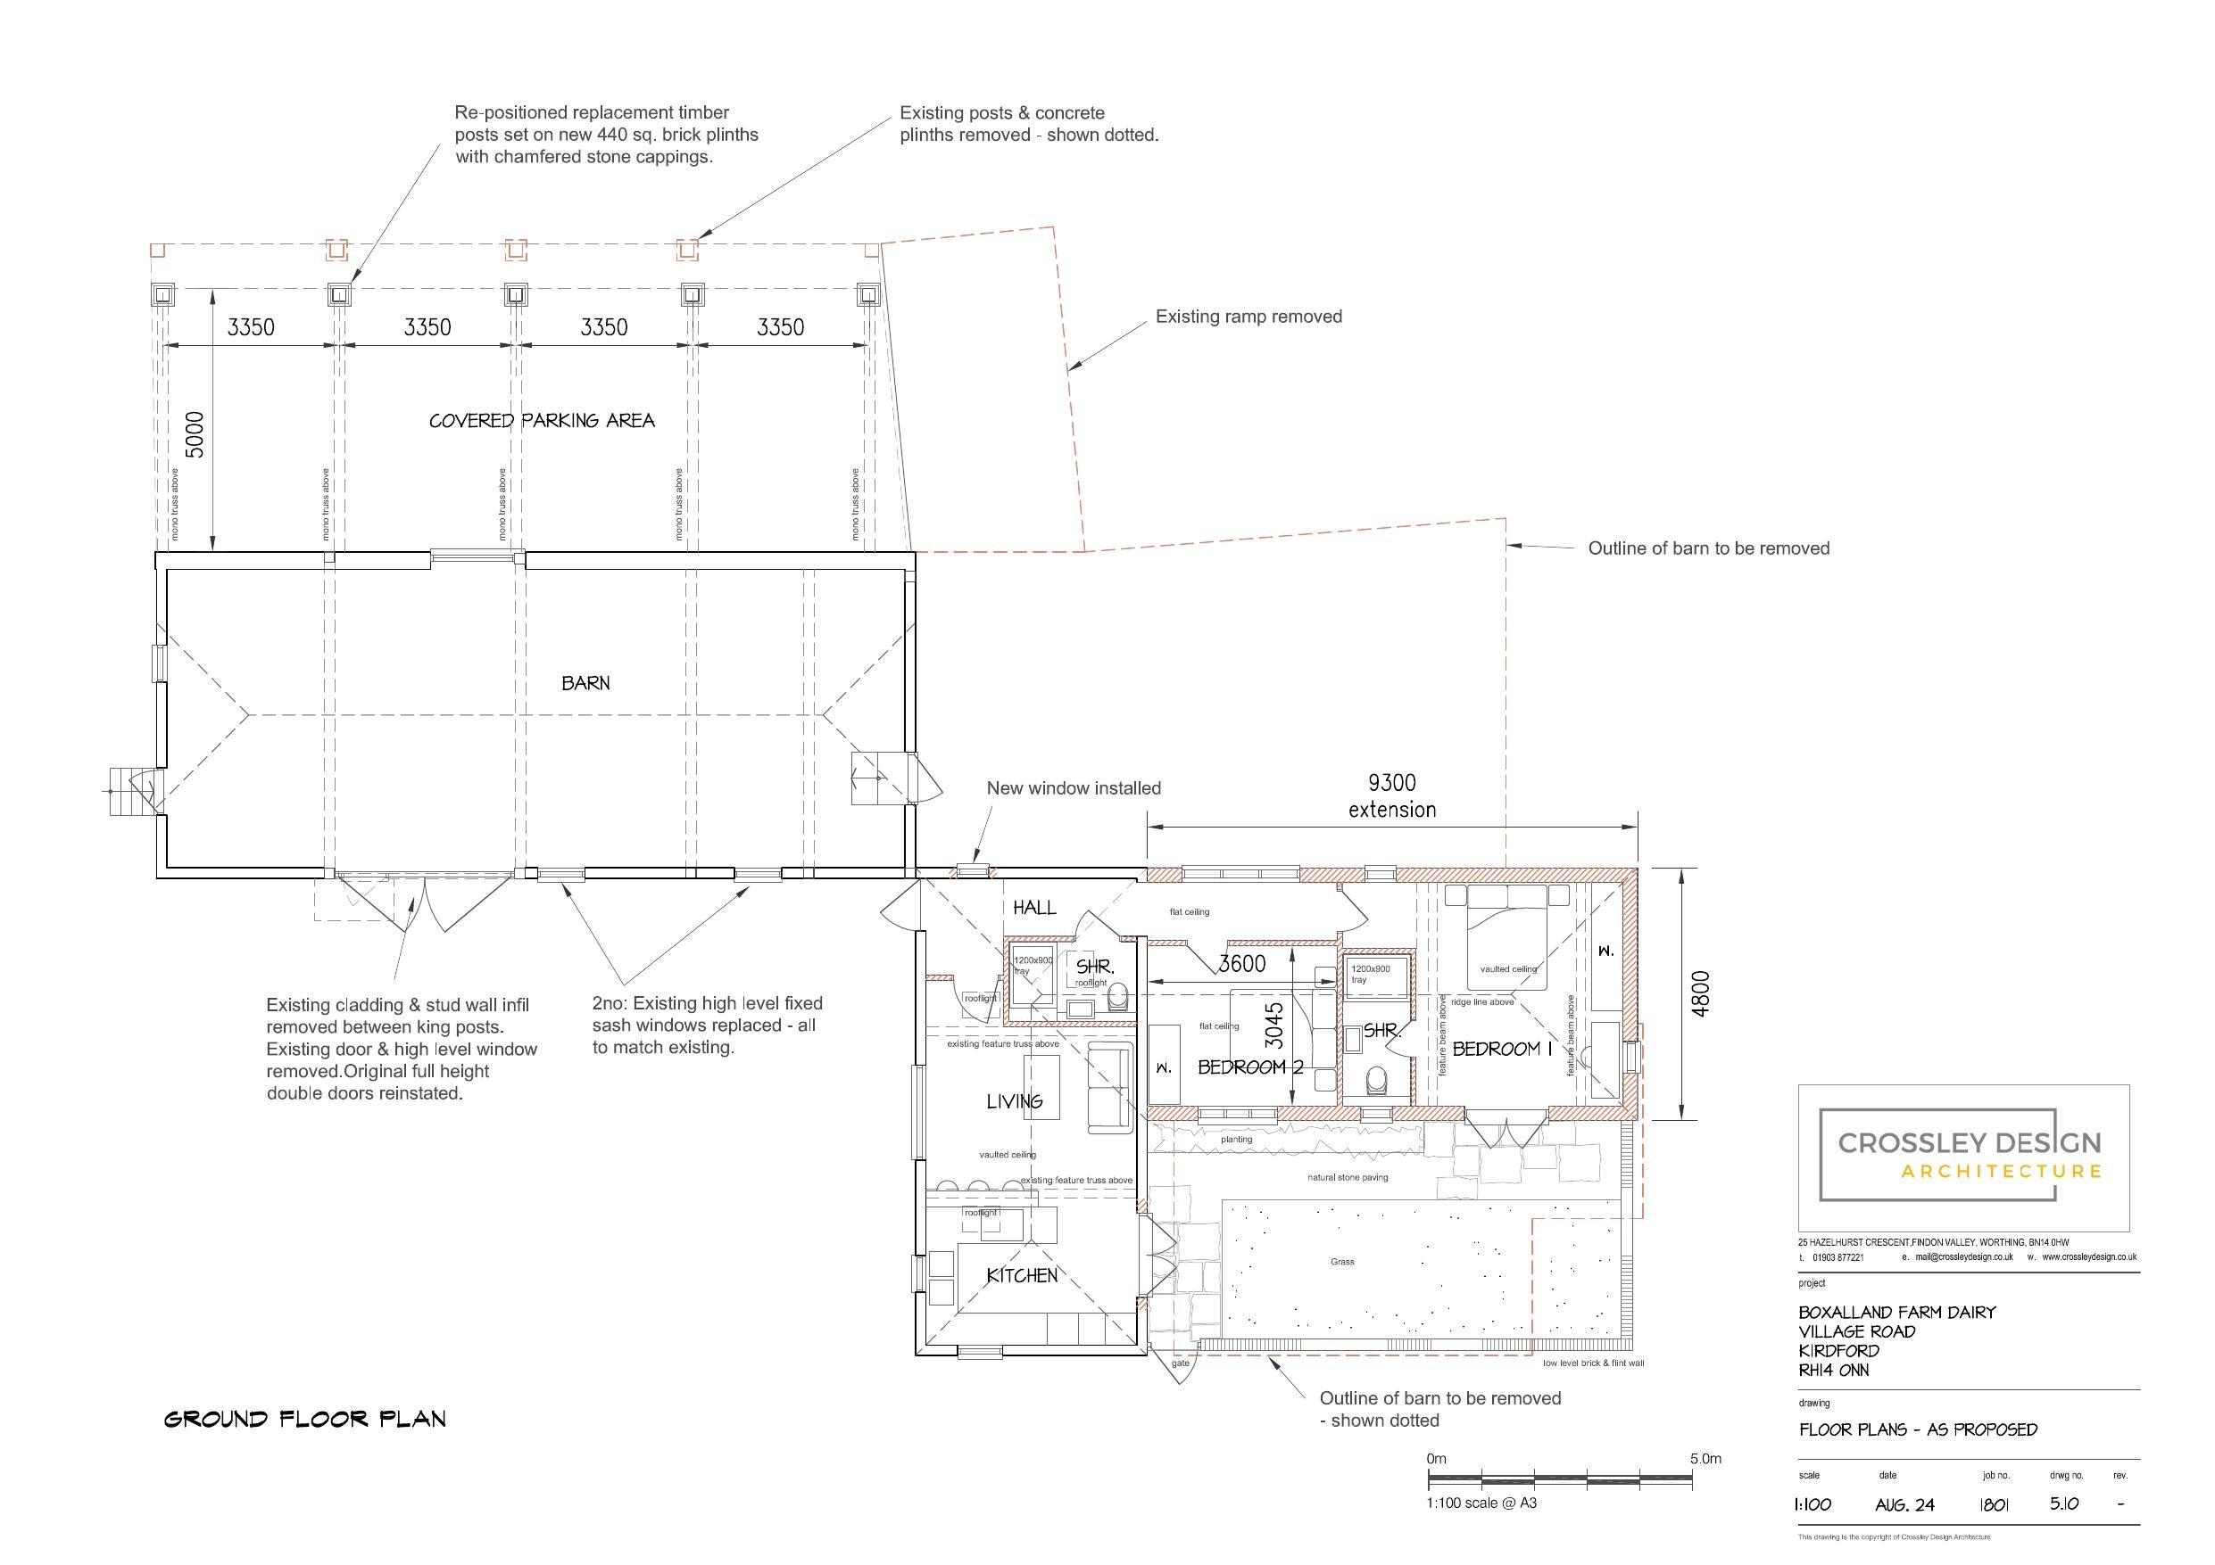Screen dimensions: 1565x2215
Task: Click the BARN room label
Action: click(585, 683)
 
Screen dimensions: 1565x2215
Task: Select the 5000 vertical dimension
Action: click(194, 435)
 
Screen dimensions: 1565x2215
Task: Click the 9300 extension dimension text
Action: click(1392, 796)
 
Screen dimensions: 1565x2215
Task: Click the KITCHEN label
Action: click(1022, 1276)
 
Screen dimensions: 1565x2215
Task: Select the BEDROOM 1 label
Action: click(1502, 1049)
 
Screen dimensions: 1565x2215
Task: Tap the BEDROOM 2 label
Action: click(1250, 1067)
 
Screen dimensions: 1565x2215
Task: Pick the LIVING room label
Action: click(1014, 1101)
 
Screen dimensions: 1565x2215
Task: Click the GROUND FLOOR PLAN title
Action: click(305, 1420)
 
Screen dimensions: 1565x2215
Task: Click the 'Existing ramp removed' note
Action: click(1249, 317)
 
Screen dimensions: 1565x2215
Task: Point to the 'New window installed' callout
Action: click(1073, 787)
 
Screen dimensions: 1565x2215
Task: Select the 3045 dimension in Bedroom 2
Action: click(1274, 1026)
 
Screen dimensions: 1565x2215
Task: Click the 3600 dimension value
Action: click(1242, 963)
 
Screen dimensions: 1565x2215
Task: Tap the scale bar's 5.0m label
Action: click(1705, 1459)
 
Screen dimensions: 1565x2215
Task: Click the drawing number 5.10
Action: click(2064, 1504)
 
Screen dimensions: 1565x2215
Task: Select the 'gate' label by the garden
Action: click(1180, 1363)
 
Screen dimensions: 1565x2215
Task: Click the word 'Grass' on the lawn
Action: click(1342, 1261)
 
